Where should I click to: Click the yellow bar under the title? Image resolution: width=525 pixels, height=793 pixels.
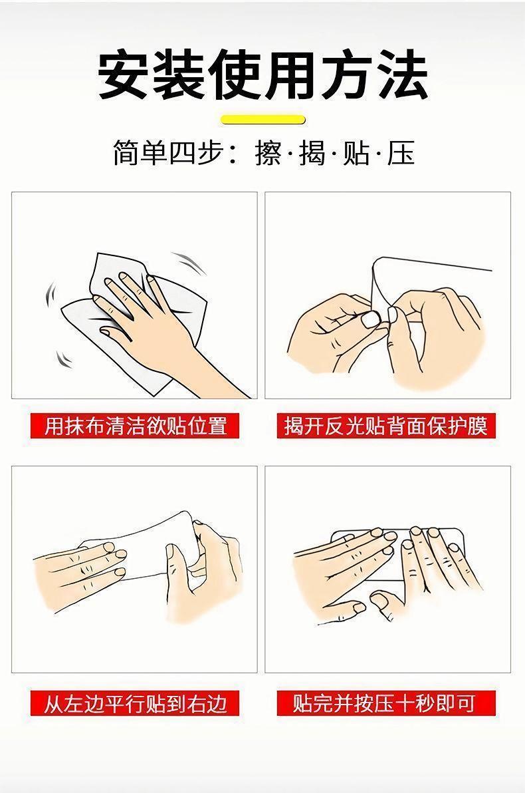[264, 120]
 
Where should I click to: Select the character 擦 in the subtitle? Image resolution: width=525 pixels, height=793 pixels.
[268, 154]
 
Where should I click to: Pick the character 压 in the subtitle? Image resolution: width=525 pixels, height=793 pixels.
[401, 154]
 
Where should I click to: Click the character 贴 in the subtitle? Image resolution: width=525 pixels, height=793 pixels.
[357, 154]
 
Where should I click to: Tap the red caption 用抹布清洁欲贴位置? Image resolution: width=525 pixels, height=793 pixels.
[135, 425]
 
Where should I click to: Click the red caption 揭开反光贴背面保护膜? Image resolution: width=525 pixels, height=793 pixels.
[386, 425]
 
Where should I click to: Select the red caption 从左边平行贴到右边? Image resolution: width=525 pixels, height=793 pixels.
[135, 703]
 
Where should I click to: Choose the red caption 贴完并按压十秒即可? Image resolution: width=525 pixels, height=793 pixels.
[386, 703]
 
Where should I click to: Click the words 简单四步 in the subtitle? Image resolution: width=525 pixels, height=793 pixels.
[167, 154]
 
